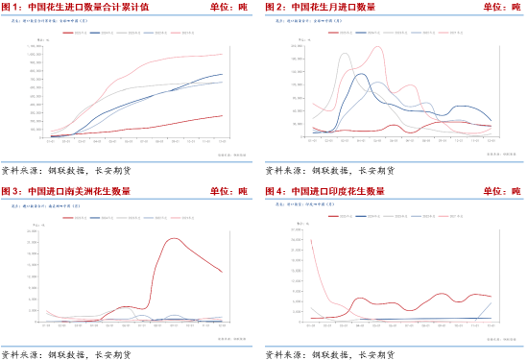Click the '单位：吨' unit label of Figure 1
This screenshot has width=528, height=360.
coord(227,7)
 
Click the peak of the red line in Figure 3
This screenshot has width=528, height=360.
coord(175,239)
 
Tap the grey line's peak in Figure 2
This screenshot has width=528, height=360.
coord(345,54)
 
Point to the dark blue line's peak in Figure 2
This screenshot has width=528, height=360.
coord(360,74)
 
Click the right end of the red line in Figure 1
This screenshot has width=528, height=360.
coord(223,116)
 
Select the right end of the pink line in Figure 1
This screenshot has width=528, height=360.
coord(223,54)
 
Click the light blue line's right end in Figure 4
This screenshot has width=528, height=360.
coord(492,303)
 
